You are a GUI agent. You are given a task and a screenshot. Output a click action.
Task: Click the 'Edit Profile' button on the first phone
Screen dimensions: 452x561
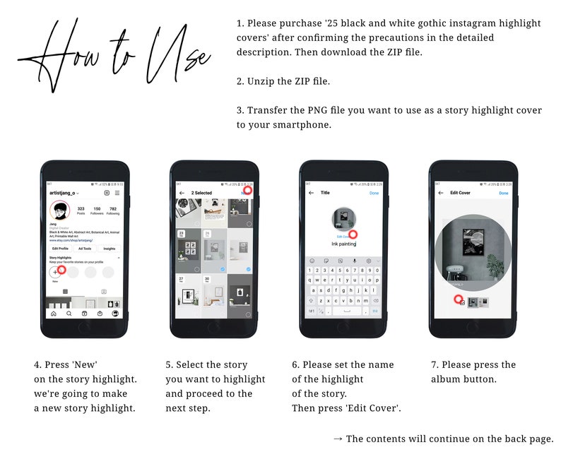click(60, 249)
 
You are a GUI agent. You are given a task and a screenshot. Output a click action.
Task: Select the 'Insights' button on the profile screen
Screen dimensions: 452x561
click(109, 249)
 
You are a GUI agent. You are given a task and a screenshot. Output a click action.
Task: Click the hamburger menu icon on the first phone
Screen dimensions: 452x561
click(117, 193)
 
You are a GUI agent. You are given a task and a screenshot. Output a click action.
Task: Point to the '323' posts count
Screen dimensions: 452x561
click(81, 208)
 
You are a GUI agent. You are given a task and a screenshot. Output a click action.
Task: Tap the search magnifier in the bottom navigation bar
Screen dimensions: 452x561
click(69, 313)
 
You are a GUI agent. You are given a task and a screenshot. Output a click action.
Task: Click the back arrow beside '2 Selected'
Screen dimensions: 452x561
click(182, 193)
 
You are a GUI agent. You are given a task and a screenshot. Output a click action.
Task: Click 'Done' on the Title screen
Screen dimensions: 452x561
click(374, 193)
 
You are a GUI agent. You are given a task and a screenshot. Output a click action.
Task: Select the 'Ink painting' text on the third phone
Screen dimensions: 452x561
click(343, 244)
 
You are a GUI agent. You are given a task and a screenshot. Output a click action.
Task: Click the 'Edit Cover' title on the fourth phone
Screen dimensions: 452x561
click(460, 193)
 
